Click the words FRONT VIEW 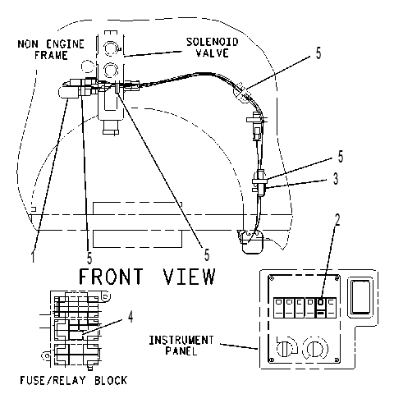147,277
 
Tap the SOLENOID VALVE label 213,47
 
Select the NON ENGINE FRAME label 51,49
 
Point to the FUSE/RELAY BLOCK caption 74,380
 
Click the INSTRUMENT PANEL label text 181,346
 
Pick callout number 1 33,256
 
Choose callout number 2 337,220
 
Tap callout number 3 336,178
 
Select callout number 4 131,317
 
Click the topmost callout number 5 318,53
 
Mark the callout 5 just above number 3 341,157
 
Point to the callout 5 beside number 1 89,258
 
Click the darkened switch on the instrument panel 321,308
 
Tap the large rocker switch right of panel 361,297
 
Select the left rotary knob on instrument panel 286,348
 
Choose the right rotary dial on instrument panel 314,348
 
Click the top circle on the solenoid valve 111,48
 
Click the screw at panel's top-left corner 272,278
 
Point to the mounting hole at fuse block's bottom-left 46,356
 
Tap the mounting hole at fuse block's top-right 107,296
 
